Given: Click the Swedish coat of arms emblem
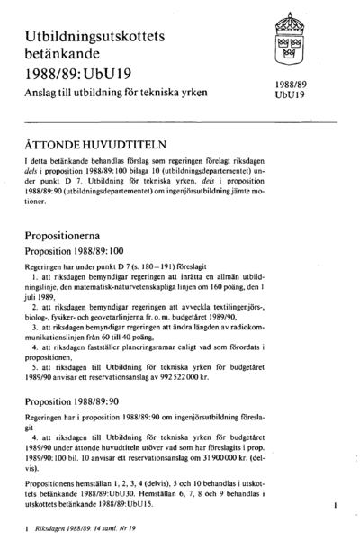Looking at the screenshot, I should click(290, 39).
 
